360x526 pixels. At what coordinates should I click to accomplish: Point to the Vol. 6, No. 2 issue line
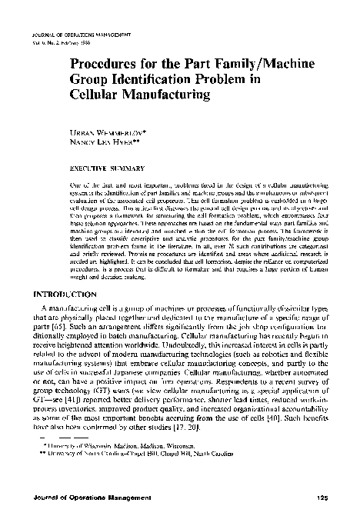(65, 43)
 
